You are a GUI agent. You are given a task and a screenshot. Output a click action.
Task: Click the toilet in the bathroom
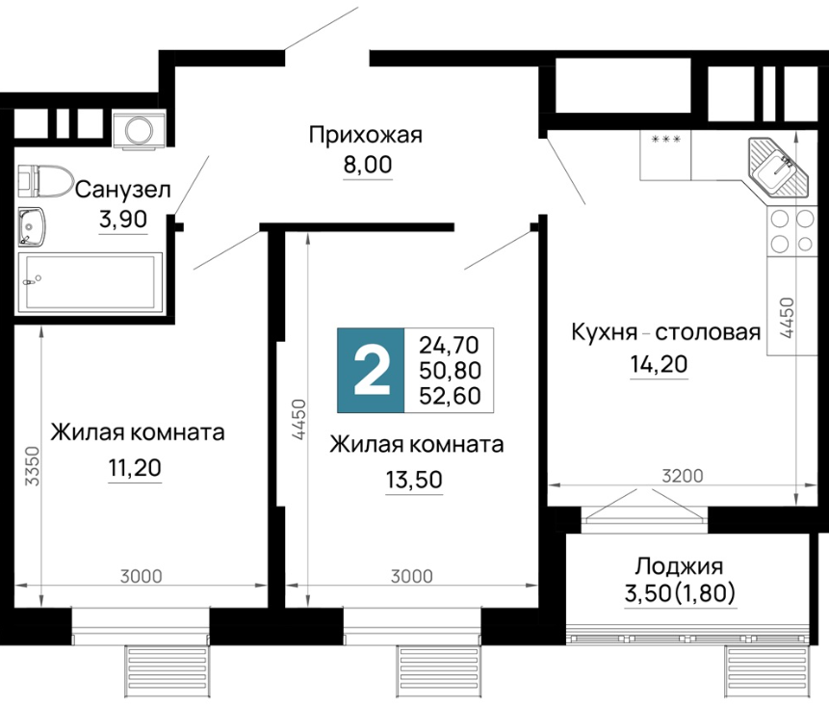45,179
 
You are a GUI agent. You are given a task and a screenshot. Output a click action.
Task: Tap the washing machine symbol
139,130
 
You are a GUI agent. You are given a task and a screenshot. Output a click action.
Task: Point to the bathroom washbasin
32,227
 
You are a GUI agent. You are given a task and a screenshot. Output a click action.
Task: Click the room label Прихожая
366,136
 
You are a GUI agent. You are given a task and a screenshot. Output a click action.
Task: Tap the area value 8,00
368,165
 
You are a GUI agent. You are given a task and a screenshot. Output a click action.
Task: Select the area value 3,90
122,219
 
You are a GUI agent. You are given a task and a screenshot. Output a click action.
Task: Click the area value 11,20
135,467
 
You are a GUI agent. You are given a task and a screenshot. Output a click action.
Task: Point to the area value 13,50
414,480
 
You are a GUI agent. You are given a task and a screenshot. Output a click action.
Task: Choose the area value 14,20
659,364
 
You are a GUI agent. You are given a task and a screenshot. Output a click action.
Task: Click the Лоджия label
679,566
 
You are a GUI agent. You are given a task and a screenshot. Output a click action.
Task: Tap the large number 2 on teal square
371,370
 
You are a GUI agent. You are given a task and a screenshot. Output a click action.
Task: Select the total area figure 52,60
450,396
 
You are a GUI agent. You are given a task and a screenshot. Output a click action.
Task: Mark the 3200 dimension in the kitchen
683,476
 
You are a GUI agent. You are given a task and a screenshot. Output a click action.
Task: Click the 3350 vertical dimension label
33,466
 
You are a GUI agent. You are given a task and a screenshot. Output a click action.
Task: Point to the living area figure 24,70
449,346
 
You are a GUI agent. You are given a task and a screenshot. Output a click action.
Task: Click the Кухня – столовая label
666,333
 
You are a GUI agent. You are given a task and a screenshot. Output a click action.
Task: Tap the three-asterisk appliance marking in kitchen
666,140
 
